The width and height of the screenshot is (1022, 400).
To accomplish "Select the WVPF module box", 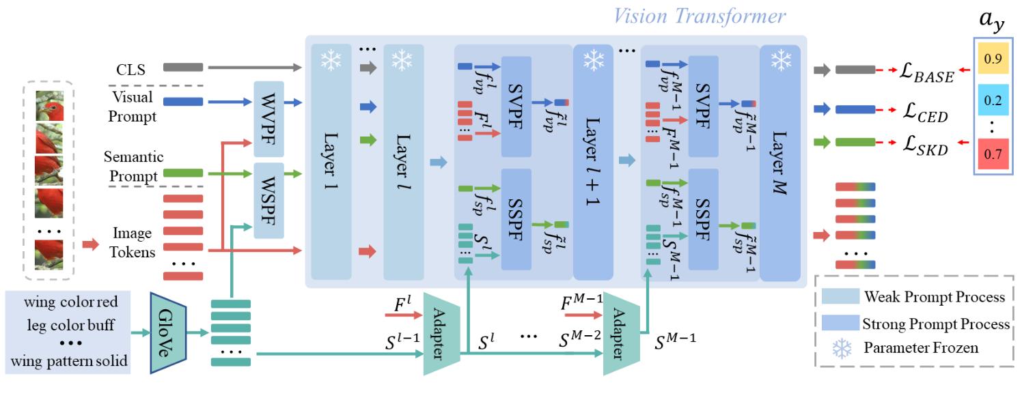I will point(268,119).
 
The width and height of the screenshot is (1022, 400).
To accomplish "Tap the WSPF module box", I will point(268,200).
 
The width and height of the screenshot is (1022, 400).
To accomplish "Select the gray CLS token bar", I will point(183,68).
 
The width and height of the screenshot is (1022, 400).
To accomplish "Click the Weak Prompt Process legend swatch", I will point(838,297).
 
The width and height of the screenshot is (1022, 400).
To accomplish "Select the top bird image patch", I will point(49,106).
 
